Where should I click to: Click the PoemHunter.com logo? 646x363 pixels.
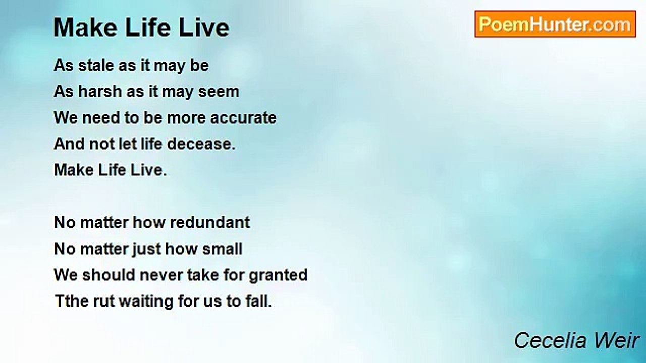point(555,24)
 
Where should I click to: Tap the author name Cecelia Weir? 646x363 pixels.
point(576,340)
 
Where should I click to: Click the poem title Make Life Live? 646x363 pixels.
point(141,28)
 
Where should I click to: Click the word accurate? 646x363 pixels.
point(243,118)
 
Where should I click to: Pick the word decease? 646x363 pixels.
point(199,144)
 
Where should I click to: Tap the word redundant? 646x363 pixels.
point(209,223)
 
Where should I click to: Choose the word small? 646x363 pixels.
point(222,249)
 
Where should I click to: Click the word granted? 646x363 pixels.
point(278,275)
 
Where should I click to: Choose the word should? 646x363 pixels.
point(109,275)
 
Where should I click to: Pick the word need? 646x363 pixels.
point(101,118)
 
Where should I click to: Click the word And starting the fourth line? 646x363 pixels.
point(69,144)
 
